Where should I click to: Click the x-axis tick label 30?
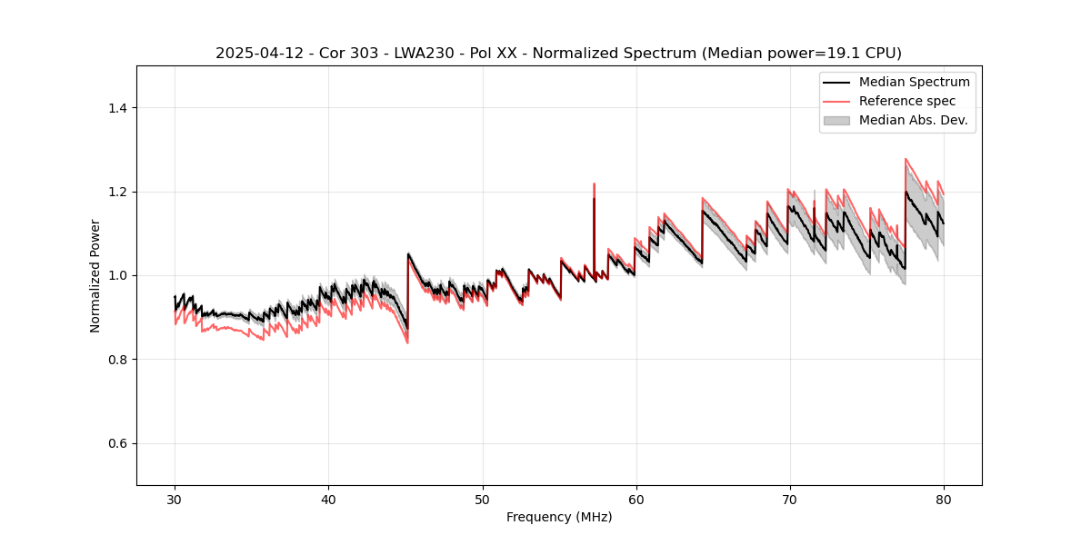coord(175,499)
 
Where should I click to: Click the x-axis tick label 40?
coord(329,499)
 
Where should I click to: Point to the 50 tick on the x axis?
coord(483,499)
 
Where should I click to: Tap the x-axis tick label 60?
coord(636,499)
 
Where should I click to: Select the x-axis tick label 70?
coord(790,499)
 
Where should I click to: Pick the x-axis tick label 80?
coord(944,499)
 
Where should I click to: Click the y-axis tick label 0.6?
coord(118,443)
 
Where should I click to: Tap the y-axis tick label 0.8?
coord(118,360)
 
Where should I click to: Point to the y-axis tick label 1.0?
coord(118,275)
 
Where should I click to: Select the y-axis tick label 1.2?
coord(118,192)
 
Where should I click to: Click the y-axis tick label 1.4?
coord(118,108)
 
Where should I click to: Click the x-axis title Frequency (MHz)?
coord(559,517)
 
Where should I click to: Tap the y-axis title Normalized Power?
coord(95,275)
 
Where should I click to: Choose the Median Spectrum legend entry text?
coord(914,82)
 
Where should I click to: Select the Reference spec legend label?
coord(907,101)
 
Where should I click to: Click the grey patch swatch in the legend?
coord(836,120)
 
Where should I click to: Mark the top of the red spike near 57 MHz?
coord(594,183)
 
